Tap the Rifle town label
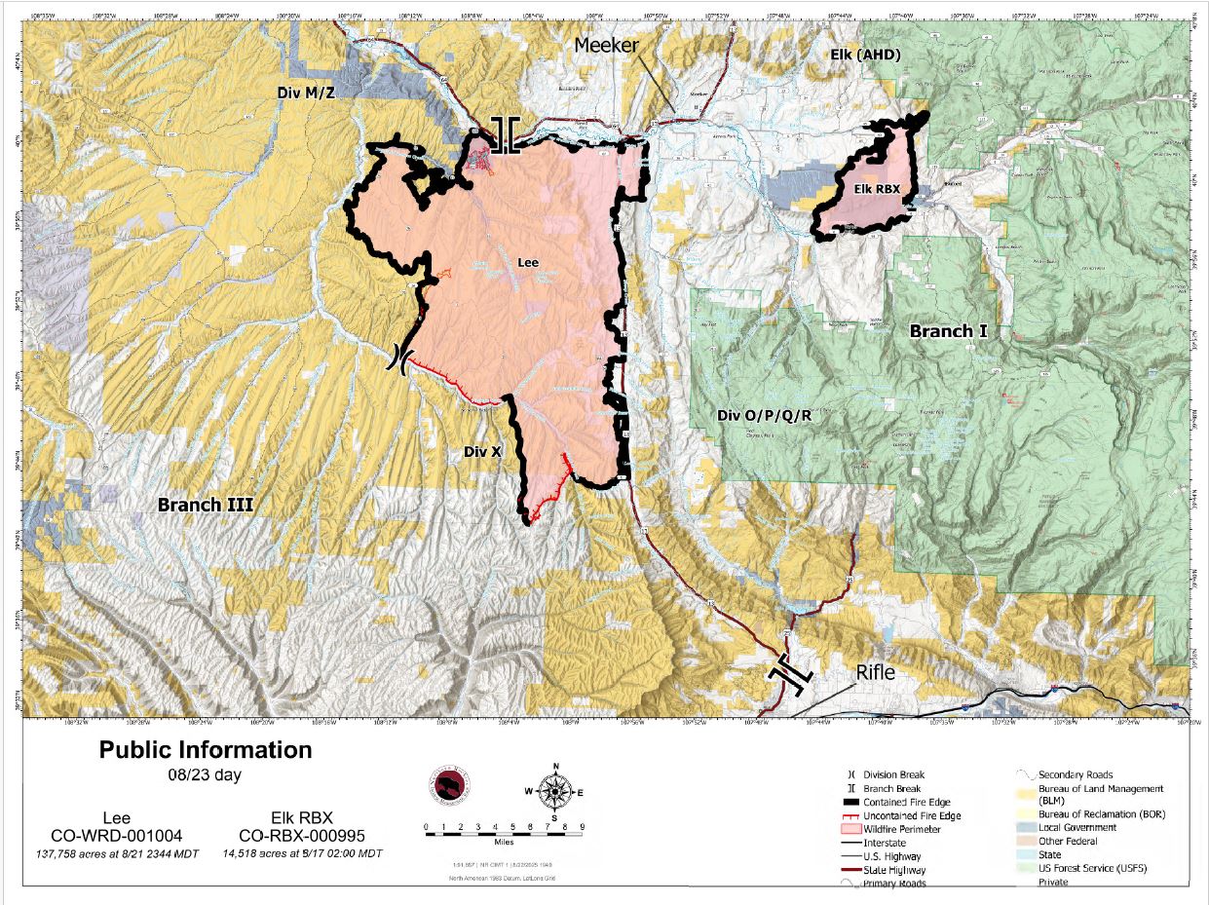(877, 673)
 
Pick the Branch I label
(948, 331)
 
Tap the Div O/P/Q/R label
(764, 416)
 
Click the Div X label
(482, 451)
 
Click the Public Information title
(206, 750)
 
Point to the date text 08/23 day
(206, 775)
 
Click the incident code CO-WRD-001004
(117, 836)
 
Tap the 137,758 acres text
(117, 854)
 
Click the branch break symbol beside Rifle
(790, 675)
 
